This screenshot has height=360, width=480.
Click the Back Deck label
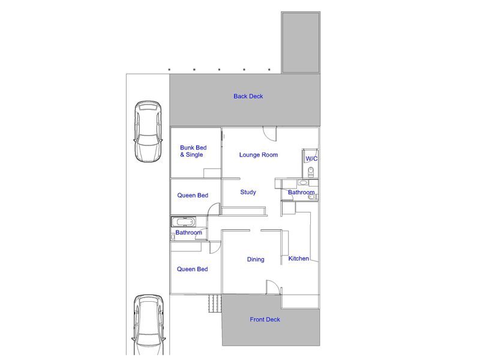(248, 96)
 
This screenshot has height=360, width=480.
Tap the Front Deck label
(265, 319)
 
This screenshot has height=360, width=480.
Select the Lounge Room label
(259, 155)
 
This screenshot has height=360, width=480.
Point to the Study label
(248, 192)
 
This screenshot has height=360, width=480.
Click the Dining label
(256, 259)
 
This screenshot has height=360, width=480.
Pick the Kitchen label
(298, 259)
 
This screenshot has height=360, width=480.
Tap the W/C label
(311, 158)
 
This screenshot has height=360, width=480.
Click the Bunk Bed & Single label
(193, 151)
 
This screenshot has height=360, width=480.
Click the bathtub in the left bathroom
(184, 221)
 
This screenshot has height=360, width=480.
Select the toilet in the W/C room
(311, 172)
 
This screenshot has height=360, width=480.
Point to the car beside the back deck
(148, 131)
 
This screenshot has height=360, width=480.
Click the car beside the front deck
(148, 326)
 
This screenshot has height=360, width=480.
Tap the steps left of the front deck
(215, 304)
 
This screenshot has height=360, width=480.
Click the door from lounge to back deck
(269, 134)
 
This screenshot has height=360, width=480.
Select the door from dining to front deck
(272, 287)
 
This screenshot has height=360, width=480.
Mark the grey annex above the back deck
(301, 42)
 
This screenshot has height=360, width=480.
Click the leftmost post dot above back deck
(169, 70)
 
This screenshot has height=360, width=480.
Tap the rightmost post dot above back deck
(269, 70)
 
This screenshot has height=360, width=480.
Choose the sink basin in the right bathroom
(303, 183)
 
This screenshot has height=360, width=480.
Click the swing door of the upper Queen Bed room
(214, 209)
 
